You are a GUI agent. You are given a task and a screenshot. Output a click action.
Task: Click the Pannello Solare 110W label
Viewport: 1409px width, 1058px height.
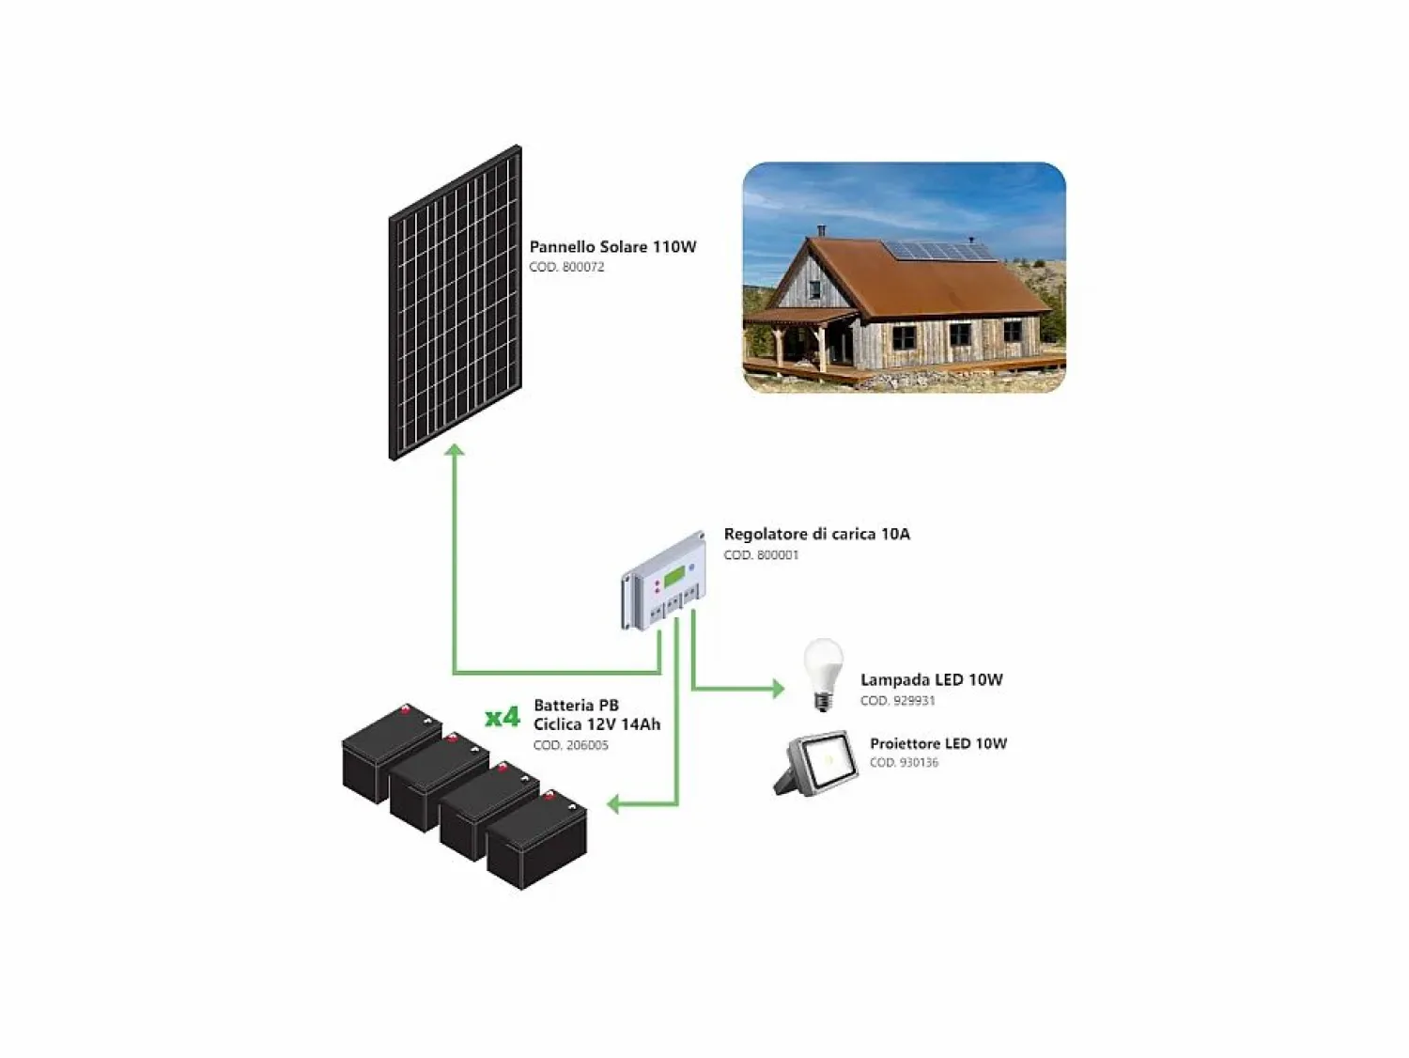612,246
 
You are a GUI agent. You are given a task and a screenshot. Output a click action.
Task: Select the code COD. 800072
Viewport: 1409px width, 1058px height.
566,267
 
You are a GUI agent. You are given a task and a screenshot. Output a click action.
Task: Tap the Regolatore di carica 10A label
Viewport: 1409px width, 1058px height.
816,534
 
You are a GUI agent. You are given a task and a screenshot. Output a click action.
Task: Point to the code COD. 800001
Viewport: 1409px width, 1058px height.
761,554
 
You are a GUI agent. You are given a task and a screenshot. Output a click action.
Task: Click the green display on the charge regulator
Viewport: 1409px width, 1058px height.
675,577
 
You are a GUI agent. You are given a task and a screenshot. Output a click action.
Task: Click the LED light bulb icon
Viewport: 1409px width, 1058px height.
824,675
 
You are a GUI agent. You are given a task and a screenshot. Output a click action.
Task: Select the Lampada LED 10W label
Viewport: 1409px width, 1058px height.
932,680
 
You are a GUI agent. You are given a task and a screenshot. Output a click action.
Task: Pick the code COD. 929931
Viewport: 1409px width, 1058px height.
897,700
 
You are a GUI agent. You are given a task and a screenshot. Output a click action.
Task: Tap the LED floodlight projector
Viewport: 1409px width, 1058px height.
815,763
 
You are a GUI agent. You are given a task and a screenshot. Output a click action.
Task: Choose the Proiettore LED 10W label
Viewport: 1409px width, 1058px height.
938,743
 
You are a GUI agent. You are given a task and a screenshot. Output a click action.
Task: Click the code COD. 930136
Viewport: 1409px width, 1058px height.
904,763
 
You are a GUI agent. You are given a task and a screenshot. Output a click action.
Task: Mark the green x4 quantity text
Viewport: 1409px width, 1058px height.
502,717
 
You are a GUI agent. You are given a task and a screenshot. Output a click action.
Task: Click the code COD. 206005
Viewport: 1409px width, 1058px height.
571,745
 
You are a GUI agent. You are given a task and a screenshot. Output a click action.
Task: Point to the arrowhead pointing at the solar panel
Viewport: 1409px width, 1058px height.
455,449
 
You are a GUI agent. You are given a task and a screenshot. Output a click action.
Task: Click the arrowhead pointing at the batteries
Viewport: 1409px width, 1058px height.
613,803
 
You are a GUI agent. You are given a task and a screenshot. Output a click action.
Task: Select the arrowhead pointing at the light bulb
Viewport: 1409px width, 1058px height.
779,689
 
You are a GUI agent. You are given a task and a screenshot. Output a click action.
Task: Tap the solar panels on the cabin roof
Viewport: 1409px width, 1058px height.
937,250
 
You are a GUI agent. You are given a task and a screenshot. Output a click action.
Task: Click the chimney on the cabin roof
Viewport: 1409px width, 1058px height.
821,230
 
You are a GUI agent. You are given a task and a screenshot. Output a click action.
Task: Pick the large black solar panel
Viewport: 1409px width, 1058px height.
456,303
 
